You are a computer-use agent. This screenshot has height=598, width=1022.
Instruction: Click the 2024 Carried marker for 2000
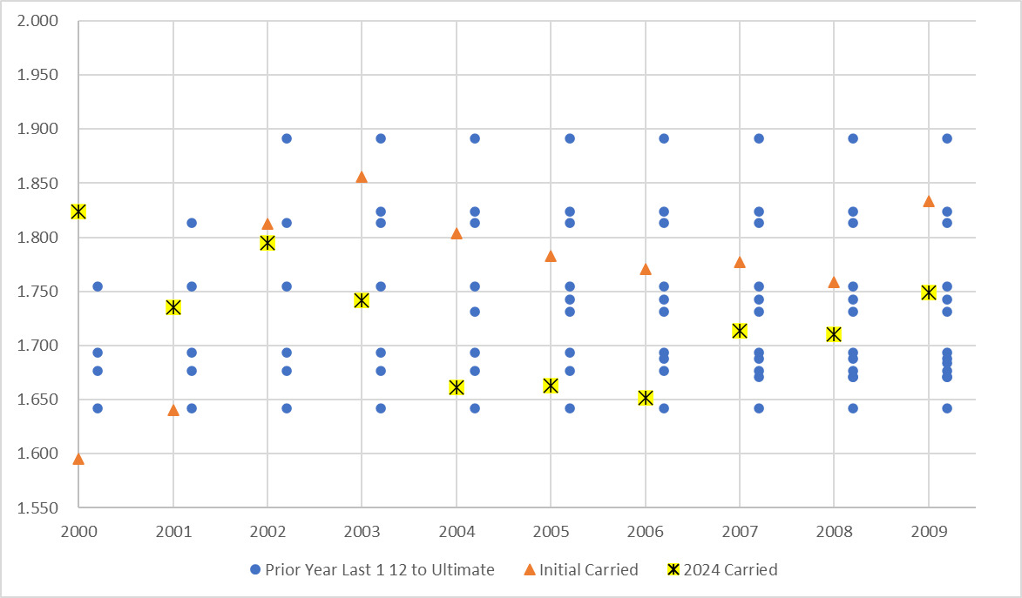(78, 212)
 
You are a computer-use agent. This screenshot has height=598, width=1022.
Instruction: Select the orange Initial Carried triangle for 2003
(362, 177)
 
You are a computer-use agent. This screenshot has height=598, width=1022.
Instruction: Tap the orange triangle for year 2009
(929, 201)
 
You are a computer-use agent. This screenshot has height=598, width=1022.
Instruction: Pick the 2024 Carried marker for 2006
(646, 398)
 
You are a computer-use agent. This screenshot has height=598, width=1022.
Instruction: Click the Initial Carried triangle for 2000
(78, 459)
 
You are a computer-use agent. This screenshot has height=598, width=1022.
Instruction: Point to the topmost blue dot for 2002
(287, 138)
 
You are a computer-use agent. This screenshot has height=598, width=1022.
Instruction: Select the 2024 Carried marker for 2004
(457, 387)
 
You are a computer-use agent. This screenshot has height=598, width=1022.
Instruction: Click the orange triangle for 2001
(173, 409)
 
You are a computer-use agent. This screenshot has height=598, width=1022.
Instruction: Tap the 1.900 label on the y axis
(38, 129)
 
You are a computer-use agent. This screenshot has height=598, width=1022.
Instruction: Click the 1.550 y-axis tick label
(38, 508)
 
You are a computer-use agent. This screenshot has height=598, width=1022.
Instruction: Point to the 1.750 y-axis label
(38, 292)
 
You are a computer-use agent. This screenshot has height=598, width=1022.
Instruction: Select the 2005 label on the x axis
(551, 530)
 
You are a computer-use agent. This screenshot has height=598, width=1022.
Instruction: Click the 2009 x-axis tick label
(929, 530)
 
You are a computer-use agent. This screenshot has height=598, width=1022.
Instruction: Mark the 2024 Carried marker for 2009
(929, 292)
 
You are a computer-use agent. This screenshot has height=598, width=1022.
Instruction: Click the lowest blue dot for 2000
(98, 408)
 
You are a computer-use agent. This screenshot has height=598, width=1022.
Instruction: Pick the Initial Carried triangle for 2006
(646, 269)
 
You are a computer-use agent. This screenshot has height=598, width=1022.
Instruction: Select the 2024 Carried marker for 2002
(267, 243)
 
